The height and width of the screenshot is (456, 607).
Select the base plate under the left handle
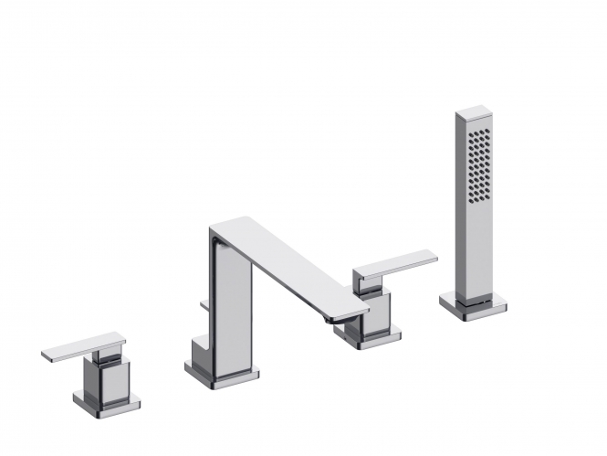pyautogui.click(x=107, y=402)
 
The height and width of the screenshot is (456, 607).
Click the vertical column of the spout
pyautogui.click(x=233, y=302)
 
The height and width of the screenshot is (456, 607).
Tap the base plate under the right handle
pyautogui.click(x=365, y=340)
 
